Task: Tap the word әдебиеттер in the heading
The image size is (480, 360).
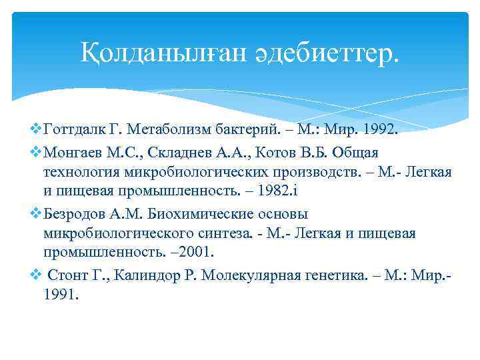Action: [316, 53]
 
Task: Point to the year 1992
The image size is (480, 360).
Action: [377, 129]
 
